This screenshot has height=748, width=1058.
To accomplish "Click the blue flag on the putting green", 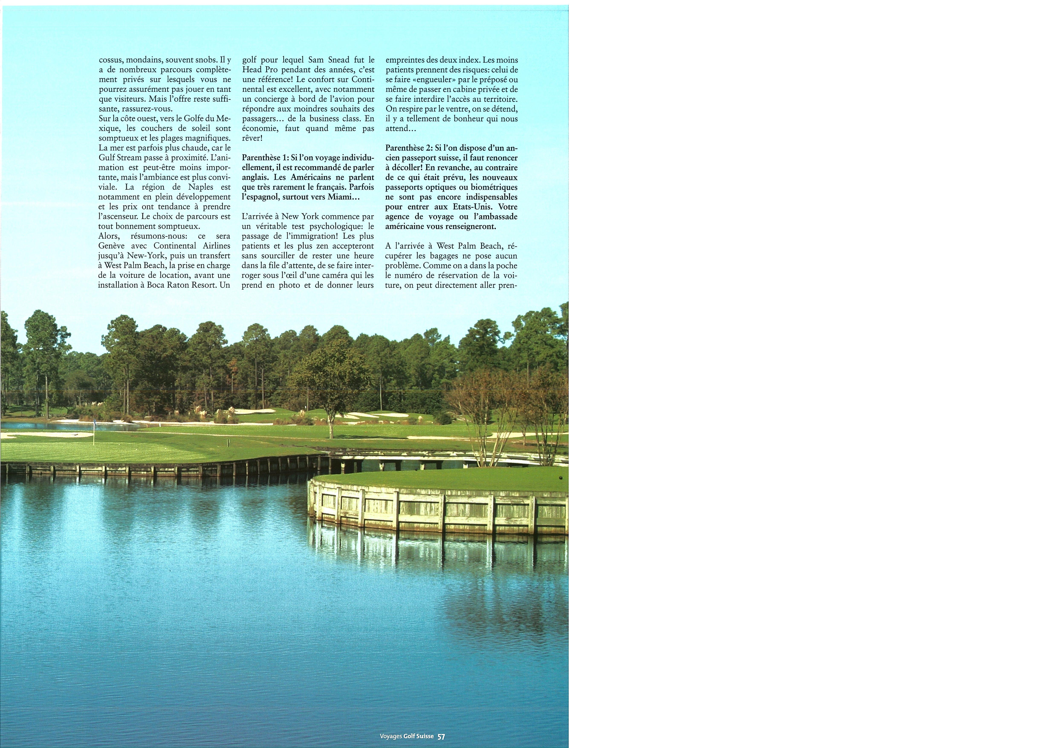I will click(x=94, y=421).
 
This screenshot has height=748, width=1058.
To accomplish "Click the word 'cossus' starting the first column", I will click(x=111, y=60).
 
